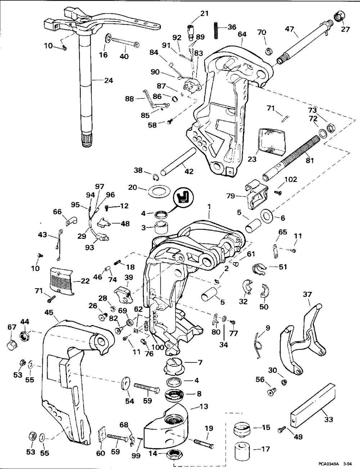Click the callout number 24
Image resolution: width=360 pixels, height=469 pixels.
tap(109, 81)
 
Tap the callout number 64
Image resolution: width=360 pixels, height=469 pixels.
tap(242, 34)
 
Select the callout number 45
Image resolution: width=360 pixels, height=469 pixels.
tap(49, 312)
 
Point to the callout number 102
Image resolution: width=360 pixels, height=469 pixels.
tap(291, 179)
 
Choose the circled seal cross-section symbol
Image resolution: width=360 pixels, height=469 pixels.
tap(184, 198)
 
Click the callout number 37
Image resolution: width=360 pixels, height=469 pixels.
tap(307, 294)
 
